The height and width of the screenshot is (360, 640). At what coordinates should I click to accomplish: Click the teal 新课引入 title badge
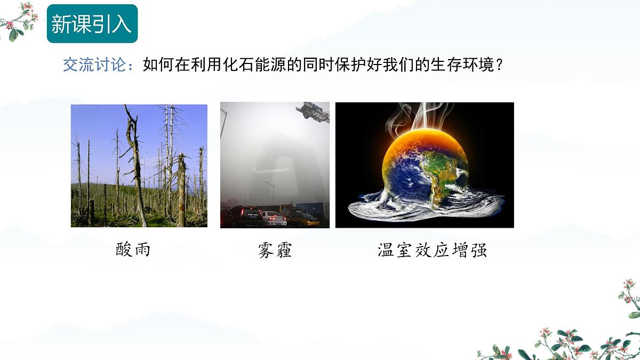pyautogui.click(x=92, y=24)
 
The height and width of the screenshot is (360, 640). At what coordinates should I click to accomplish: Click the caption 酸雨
pyautogui.click(x=133, y=250)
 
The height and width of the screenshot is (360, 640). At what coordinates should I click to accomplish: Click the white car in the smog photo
pyautogui.click(x=274, y=218)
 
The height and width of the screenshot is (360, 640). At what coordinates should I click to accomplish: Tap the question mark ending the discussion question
pyautogui.click(x=499, y=66)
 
